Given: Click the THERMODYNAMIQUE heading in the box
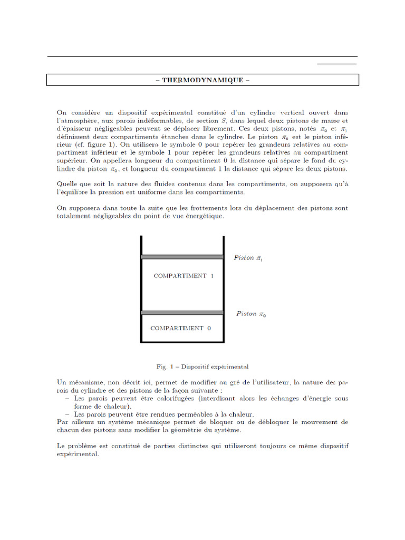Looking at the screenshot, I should pyautogui.click(x=202, y=80).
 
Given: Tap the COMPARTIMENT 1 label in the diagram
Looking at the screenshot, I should pyautogui.click(x=184, y=276).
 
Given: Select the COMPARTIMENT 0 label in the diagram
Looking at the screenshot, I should pyautogui.click(x=180, y=328).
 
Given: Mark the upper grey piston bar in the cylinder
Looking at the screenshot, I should pyautogui.click(x=182, y=257).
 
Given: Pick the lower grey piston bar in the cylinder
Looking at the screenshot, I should pyautogui.click(x=182, y=313).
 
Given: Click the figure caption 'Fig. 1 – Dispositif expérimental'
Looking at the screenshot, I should pyautogui.click(x=202, y=366).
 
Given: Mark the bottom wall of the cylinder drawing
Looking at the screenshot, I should pyautogui.click(x=182, y=342).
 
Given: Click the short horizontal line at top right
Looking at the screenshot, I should pyautogui.click(x=336, y=64).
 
